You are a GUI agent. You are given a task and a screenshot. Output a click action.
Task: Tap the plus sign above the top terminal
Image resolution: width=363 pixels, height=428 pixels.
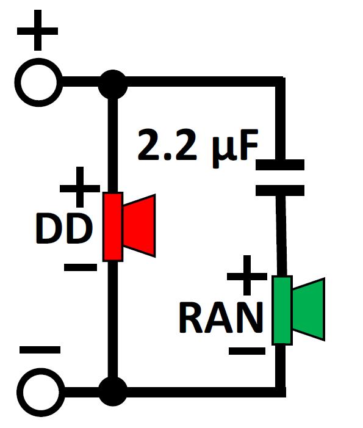click(38, 31)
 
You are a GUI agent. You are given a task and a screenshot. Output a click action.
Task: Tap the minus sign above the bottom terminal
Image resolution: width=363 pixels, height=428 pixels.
click(40, 350)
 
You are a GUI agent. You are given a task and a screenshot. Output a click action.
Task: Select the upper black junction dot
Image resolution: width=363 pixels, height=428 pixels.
click(113, 84)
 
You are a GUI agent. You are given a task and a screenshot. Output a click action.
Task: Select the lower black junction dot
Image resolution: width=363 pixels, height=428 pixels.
click(113, 391)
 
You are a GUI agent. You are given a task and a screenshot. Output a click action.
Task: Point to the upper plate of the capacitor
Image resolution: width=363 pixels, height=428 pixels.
click(280, 165)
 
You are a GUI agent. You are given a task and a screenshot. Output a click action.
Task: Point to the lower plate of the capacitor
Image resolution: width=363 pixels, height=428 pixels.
click(280, 190)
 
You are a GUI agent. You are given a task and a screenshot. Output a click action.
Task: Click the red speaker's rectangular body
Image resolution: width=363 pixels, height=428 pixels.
click(113, 227)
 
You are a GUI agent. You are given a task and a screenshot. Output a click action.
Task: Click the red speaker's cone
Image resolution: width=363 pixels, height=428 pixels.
click(139, 226)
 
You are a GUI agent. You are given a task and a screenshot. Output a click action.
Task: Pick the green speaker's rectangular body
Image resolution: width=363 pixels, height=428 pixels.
click(282, 310)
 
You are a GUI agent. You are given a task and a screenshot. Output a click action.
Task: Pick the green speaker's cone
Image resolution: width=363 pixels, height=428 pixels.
click(309, 310)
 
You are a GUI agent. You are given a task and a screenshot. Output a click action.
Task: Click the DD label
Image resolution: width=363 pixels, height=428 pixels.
click(64, 229)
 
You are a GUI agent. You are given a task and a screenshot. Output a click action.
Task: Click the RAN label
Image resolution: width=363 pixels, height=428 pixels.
click(221, 318)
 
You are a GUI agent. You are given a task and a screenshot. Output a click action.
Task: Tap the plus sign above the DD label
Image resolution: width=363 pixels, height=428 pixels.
click(80, 187)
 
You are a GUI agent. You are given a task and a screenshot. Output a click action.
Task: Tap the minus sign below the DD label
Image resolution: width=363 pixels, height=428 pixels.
click(81, 267)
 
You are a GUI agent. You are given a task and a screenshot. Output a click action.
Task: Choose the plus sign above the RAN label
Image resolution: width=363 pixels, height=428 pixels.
click(247, 275)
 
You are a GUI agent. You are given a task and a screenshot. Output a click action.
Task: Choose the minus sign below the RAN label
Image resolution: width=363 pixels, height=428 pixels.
click(247, 350)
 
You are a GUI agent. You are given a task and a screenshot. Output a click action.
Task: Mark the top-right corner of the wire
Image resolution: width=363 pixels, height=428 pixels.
click(281, 82)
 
